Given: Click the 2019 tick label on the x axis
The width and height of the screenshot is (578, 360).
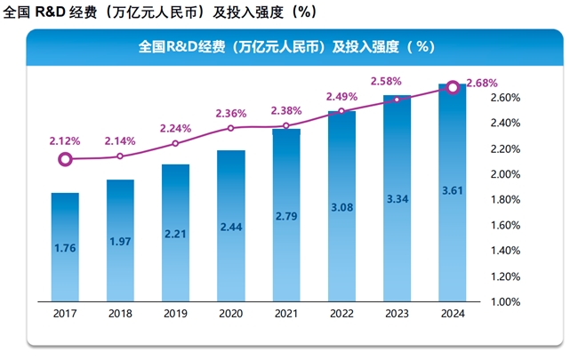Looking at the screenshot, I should [175, 313].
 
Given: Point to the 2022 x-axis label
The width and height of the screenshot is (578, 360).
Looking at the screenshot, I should [341, 313].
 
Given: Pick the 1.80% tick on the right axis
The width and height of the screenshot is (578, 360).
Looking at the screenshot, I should [504, 199].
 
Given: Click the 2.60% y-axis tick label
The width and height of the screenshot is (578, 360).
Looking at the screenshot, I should [504, 97].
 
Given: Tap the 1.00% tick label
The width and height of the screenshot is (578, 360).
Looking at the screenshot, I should [504, 302].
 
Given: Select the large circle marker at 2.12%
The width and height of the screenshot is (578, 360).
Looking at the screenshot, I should [65, 160].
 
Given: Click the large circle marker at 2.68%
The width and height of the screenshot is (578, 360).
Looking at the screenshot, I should [452, 87].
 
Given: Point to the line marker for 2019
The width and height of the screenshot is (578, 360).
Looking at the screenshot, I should [175, 143].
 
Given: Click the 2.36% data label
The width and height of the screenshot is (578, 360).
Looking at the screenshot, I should [231, 113].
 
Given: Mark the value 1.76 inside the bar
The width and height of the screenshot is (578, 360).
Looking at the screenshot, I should [65, 248].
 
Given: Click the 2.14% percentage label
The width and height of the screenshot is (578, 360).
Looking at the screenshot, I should [120, 140].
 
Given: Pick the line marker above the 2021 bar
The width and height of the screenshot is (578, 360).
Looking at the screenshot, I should [286, 126].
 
